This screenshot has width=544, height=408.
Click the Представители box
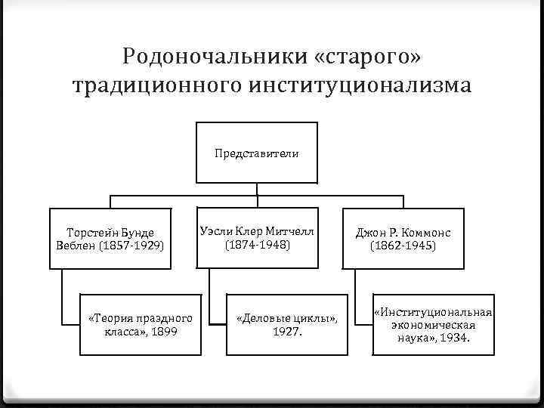256,153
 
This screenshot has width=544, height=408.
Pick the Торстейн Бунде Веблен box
110,238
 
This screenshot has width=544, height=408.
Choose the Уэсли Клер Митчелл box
256,237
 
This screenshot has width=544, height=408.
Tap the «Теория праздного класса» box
141,324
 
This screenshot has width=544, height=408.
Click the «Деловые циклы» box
286,324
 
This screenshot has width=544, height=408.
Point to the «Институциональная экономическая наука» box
434,325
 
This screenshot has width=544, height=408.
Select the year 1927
286,331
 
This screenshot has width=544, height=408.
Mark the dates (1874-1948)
256,245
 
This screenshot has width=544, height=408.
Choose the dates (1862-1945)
403,246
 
